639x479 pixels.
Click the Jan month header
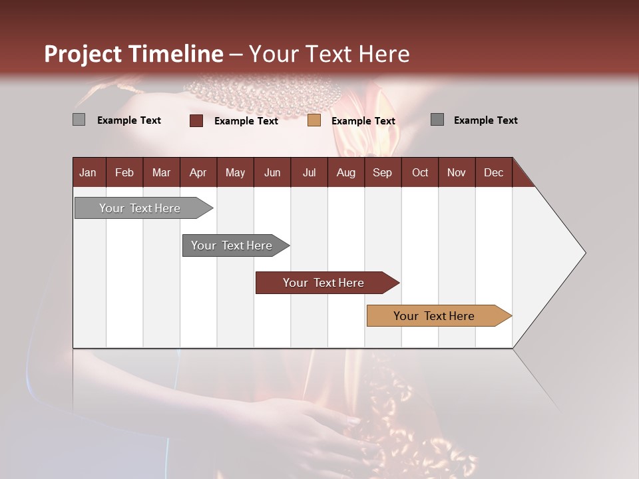click(x=88, y=173)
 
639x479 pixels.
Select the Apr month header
click(x=198, y=173)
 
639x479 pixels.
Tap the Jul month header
click(x=309, y=173)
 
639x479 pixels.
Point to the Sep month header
click(x=382, y=173)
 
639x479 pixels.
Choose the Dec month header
click(x=493, y=173)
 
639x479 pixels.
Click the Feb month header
click(x=124, y=173)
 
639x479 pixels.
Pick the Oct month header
click(x=420, y=173)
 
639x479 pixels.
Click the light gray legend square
click(x=79, y=120)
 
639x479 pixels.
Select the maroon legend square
click(x=196, y=120)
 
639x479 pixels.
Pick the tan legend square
click(x=314, y=120)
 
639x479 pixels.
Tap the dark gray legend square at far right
click(x=437, y=120)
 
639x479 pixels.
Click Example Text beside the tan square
click(x=363, y=121)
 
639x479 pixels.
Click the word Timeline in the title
click(x=176, y=54)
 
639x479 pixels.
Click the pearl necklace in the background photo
click(x=263, y=93)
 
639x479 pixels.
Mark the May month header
click(x=235, y=173)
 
